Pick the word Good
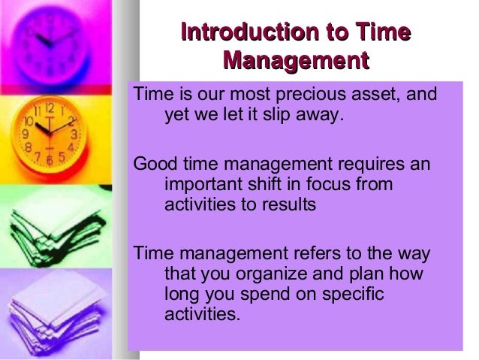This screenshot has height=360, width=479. (x=152, y=164)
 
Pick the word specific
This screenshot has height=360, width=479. (x=354, y=293)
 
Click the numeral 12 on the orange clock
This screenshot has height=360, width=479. (x=49, y=108)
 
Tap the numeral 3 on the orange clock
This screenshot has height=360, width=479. (x=74, y=134)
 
